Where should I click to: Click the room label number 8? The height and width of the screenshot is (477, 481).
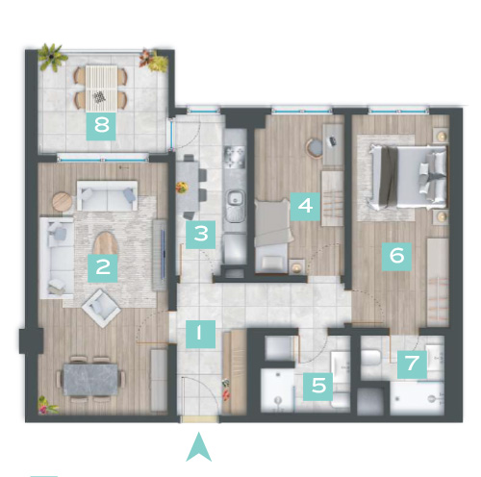[101, 126]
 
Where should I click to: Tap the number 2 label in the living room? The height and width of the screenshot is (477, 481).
[103, 268]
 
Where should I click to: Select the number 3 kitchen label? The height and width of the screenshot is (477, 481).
[201, 235]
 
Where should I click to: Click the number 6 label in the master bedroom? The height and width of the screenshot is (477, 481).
[305, 206]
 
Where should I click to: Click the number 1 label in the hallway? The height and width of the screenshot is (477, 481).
[412, 364]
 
